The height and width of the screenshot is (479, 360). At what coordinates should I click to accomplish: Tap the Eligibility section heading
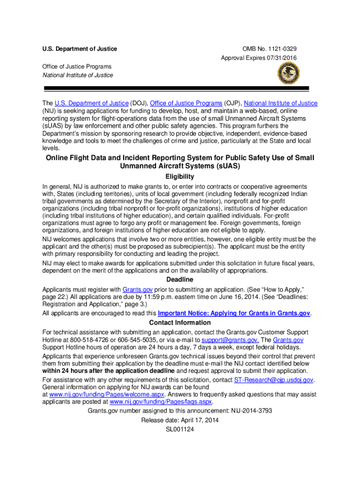180,177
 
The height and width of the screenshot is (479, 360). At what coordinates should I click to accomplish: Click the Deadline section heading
180,280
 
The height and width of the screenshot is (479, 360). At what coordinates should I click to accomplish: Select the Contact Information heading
180,323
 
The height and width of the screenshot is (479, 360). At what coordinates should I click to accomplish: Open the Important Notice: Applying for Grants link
234,313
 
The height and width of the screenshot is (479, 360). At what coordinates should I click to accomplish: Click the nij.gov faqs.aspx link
161,402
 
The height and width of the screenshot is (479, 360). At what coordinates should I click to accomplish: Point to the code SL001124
180,429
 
